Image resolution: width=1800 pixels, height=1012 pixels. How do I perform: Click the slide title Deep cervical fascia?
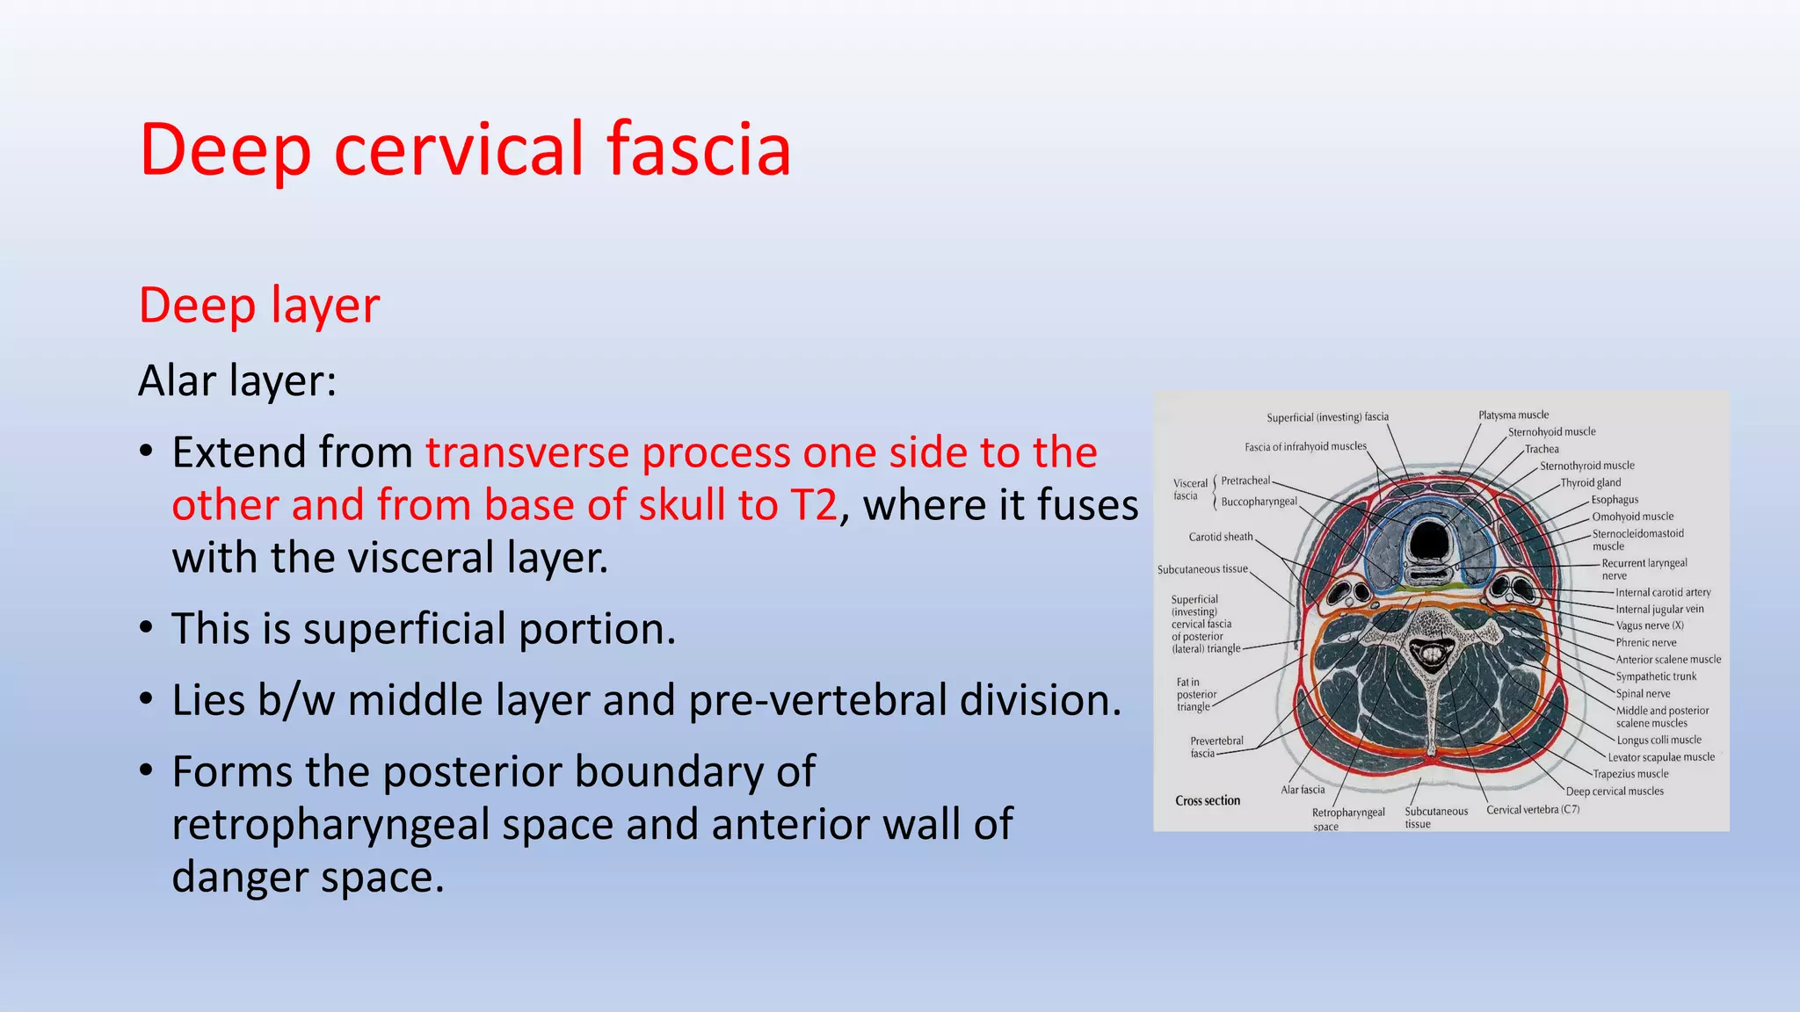(465, 149)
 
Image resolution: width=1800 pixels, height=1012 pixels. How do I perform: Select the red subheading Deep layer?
(259, 306)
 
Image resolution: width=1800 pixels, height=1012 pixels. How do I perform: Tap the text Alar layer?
(237, 380)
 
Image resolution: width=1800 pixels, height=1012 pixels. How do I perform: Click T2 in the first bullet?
(814, 505)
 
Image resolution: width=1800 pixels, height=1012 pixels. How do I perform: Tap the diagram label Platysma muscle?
(1513, 415)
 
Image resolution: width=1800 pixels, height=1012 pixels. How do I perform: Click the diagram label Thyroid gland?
(1590, 482)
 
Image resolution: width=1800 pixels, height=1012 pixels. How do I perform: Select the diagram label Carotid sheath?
(1220, 537)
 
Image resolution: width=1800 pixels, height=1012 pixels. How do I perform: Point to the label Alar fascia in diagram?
(1303, 790)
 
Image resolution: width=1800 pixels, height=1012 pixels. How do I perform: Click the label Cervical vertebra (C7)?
(1532, 809)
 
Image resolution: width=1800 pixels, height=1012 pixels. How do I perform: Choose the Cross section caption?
(1208, 800)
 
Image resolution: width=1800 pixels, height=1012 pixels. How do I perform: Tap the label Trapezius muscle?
(1630, 774)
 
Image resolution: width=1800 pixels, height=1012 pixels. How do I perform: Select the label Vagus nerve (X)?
(1649, 625)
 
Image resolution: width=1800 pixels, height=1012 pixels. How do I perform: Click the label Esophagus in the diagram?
(1615, 499)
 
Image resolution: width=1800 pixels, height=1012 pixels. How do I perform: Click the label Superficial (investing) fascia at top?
(1327, 417)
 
